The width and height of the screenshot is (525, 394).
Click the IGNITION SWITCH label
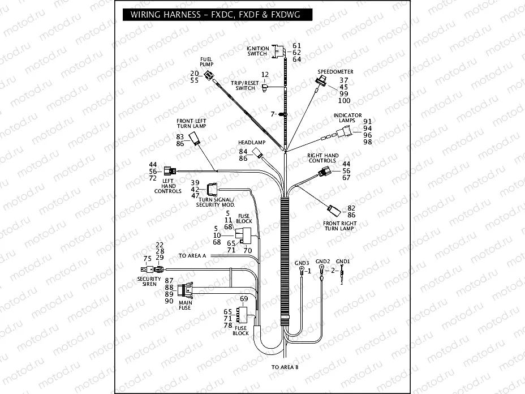point(257,51)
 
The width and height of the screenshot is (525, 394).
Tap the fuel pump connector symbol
point(210,76)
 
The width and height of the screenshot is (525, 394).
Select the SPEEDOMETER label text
point(335,72)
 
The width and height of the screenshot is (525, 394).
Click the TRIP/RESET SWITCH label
point(245,85)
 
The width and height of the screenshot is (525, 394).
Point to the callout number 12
point(264,75)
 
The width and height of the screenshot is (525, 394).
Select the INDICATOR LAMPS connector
point(344,134)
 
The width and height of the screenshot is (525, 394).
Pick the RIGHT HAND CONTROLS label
point(323,158)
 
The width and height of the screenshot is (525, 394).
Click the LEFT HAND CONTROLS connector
point(169,170)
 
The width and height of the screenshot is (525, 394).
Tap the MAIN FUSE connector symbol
point(185,291)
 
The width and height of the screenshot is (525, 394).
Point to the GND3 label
point(302,263)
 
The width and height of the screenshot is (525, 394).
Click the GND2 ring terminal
point(321,268)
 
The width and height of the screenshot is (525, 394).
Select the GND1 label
point(343,261)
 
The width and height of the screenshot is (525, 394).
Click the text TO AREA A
point(192,256)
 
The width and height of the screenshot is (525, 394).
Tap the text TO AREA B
point(285,367)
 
